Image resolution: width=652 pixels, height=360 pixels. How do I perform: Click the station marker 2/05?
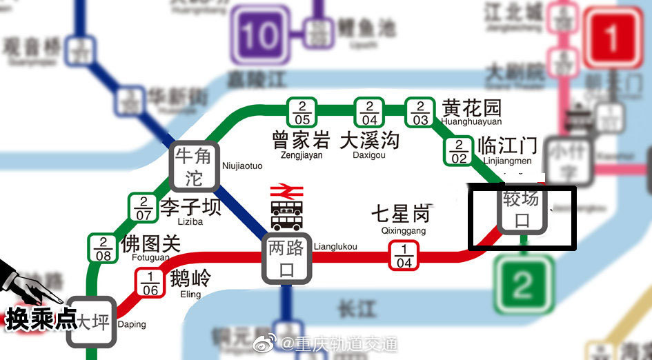pos(302,112)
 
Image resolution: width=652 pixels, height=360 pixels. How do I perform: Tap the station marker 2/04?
pos(369,112)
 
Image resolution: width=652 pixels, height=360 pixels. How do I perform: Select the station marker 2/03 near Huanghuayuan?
pos(420,112)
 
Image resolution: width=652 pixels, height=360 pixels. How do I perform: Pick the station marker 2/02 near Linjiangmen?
pos(459,151)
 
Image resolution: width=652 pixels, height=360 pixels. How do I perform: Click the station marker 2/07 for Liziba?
pos(144,208)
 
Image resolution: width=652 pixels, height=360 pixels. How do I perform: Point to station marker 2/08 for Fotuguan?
pos(103,248)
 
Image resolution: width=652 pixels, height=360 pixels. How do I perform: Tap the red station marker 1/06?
pos(150,283)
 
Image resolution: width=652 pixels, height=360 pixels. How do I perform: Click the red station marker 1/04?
pos(404,256)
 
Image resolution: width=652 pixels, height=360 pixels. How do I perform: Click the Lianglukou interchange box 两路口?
pos(286,259)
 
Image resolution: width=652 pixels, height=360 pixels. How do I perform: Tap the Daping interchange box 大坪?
pos(91,322)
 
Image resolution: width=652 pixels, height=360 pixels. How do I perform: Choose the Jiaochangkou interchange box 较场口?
pos(522,210)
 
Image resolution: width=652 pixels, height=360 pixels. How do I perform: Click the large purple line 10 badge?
pos(260,36)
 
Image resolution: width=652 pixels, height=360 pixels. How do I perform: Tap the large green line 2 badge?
pos(524,283)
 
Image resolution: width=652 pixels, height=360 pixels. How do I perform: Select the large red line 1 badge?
pos(612,39)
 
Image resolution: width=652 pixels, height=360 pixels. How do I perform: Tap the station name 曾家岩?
pos(301,141)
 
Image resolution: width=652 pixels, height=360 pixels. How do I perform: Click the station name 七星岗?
pos(400,213)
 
